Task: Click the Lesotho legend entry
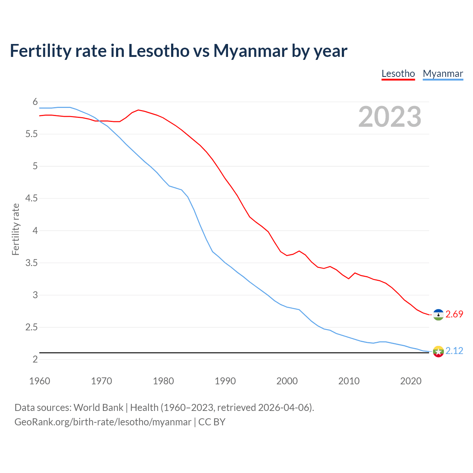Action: [398, 74]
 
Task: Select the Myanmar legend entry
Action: [443, 74]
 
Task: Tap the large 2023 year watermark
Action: [389, 117]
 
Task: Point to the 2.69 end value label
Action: [454, 314]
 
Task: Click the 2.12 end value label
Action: [454, 351]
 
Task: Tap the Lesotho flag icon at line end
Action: [438, 314]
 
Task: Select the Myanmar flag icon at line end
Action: [438, 351]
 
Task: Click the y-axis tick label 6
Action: [35, 102]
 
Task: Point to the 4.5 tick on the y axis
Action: [31, 198]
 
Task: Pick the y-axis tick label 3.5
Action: [31, 263]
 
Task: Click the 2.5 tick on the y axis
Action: [31, 327]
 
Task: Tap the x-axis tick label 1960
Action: [40, 381]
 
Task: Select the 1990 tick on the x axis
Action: [225, 381]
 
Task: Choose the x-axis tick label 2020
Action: [411, 381]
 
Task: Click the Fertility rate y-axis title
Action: [16, 229]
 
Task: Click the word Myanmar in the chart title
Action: [250, 51]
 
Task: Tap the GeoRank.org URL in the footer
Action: [103, 422]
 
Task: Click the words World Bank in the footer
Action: [98, 407]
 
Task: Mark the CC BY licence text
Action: [212, 422]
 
